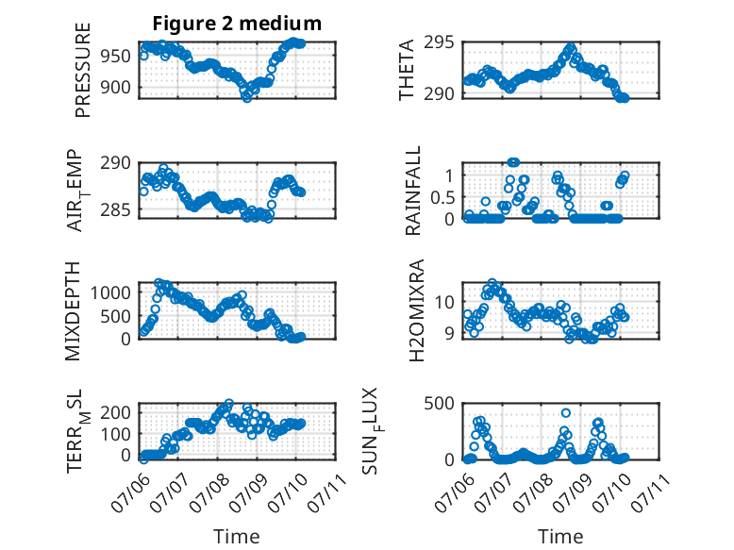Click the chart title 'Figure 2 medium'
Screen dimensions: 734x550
[237, 24]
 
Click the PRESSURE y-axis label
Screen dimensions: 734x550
[82, 70]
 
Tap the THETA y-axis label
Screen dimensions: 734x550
[407, 70]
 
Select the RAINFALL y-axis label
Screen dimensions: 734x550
[413, 191]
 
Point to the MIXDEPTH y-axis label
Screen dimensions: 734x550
[73, 311]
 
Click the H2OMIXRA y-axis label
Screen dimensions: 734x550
[417, 310]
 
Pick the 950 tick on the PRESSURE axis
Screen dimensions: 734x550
[116, 57]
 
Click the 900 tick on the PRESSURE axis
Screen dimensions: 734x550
[116, 87]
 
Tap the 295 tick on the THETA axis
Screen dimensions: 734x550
[439, 42]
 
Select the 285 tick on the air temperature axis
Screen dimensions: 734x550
[116, 209]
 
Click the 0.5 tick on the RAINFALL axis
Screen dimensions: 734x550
[442, 197]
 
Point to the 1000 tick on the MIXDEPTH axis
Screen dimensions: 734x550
[110, 293]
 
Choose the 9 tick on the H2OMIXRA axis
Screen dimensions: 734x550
[450, 333]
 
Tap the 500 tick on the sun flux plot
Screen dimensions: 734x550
[439, 404]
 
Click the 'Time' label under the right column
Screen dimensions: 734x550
[560, 537]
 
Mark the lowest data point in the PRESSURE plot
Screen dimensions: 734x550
[246, 97]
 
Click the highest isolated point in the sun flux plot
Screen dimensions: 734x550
[566, 413]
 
